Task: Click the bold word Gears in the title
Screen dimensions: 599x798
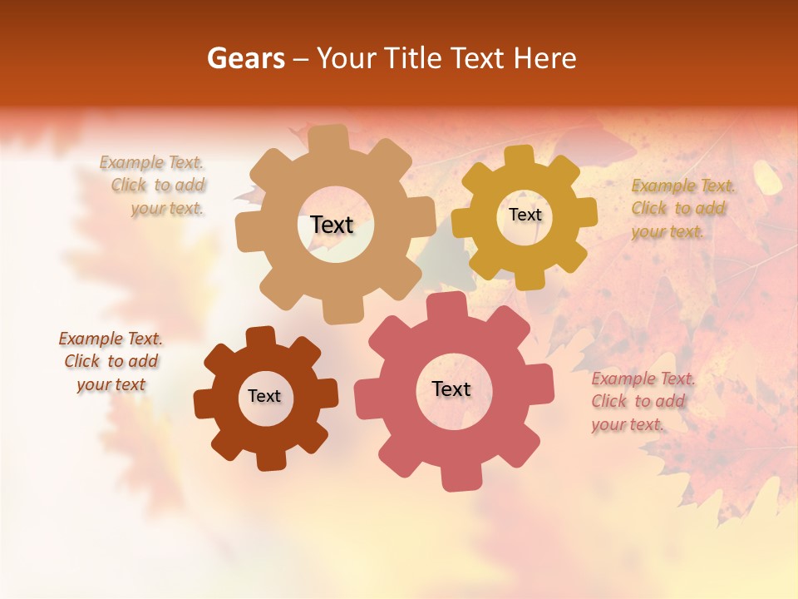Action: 245,58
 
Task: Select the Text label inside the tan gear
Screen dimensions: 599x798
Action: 332,225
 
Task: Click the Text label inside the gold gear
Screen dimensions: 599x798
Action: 525,215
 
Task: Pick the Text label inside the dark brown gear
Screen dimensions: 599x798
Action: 264,396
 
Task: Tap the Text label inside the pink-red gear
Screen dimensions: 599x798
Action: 451,389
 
